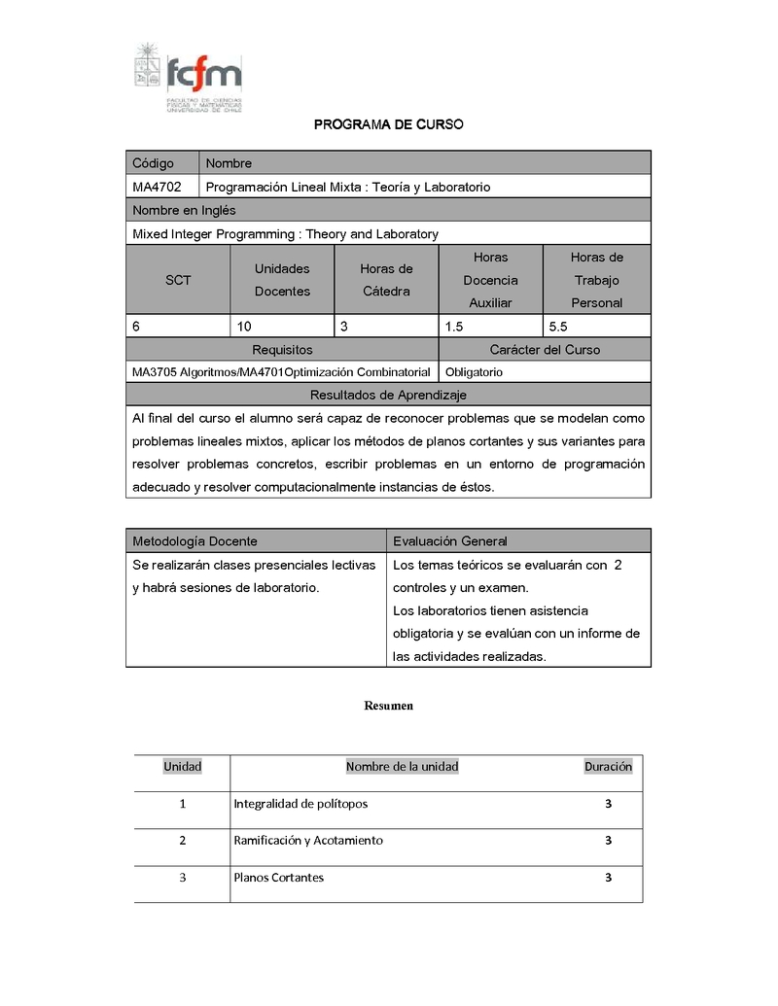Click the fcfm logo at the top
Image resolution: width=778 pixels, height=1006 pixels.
188,77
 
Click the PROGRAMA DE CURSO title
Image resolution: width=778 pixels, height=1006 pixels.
388,124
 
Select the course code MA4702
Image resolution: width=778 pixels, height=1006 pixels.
158,187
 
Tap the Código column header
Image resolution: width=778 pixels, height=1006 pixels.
154,163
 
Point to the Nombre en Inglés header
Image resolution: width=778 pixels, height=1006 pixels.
184,210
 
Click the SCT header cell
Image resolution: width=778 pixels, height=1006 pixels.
178,280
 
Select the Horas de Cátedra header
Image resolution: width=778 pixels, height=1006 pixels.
386,280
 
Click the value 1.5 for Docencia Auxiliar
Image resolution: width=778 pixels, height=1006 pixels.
454,327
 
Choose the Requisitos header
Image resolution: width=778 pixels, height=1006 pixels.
282,350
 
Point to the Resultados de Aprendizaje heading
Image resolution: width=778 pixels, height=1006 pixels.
388,395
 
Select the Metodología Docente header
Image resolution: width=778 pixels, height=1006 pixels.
195,541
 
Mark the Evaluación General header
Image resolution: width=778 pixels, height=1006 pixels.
450,541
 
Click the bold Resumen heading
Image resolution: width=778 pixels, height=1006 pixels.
389,706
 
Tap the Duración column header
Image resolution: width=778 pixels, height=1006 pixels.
608,767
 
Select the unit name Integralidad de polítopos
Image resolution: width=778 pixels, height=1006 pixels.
301,804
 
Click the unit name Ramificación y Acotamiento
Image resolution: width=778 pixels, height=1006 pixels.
308,841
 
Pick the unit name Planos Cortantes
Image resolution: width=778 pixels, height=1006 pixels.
279,878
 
